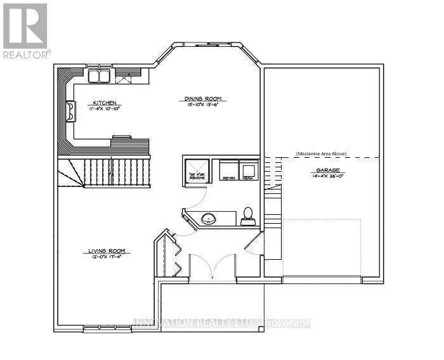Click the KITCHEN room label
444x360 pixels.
coord(105,102)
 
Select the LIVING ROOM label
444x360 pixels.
coord(107,251)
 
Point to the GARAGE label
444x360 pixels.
coord(325,170)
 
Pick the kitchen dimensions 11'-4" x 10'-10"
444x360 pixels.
coord(105,109)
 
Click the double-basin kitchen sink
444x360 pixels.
coord(98,77)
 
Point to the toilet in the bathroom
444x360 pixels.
coord(248,216)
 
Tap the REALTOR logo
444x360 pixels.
coord(26,30)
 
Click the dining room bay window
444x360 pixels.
coord(207,46)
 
